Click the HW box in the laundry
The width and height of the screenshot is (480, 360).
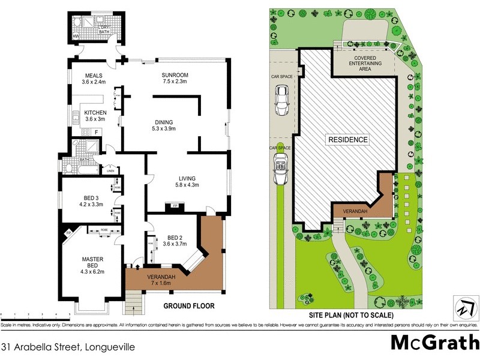(76, 37)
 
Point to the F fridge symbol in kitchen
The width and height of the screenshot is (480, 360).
(95, 131)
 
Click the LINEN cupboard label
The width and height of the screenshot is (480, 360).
(110, 172)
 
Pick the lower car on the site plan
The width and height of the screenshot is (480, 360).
(279, 170)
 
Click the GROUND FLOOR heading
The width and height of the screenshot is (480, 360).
(189, 305)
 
